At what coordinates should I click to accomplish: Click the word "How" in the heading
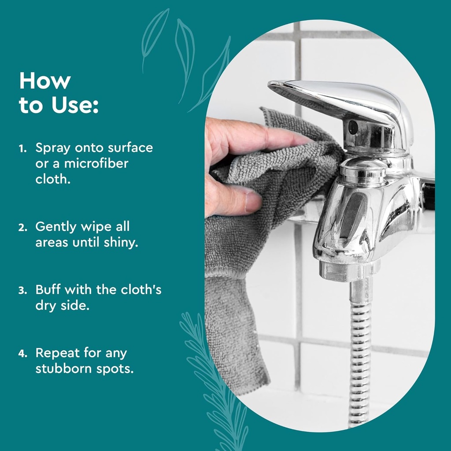[44, 81]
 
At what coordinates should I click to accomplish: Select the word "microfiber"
[96, 163]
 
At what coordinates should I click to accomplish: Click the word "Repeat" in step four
[57, 354]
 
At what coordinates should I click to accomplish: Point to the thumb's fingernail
[253, 201]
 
